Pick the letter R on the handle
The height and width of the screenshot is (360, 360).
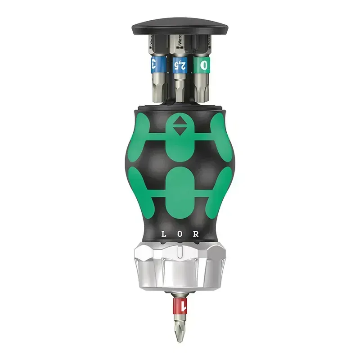pos(196,234)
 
